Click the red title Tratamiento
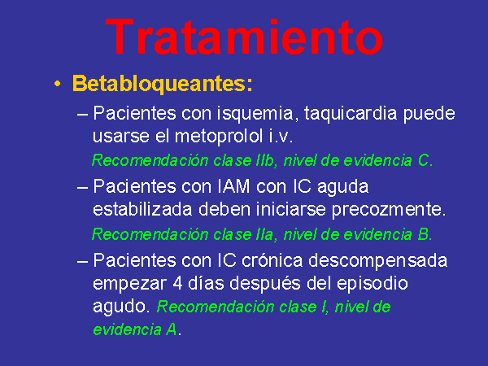coord(244,37)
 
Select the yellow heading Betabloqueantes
coord(162,84)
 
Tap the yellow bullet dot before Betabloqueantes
coord(57,84)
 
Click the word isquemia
coord(255,114)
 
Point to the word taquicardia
coord(351,114)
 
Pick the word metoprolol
coord(219,136)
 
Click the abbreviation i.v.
coord(281,136)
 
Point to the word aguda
coord(342,188)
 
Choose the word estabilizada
coord(142,209)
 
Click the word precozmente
coord(389,210)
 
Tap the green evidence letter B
coord(423,234)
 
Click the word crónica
coord(272,260)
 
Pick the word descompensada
coord(378,261)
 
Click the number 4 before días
coord(177,283)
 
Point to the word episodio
coord(373,284)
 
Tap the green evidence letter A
coord(172,329)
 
